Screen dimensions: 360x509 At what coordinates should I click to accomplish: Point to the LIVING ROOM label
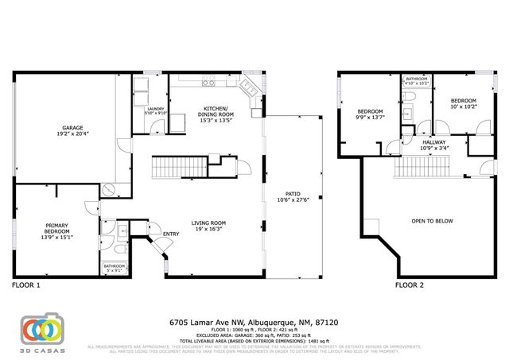pos(208,226)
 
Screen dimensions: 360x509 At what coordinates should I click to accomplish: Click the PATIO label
pos(294,196)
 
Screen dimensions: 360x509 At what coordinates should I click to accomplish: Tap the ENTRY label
pos(170,234)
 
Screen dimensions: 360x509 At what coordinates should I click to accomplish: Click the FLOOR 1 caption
pos(25,285)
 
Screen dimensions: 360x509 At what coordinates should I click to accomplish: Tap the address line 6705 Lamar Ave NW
pos(254,323)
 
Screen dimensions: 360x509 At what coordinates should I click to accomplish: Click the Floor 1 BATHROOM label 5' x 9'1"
pos(114,268)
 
